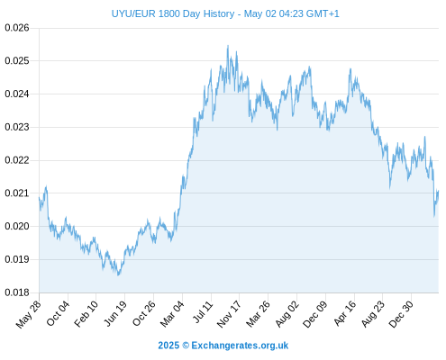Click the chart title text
pos(225,13)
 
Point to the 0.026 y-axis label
pos(17,28)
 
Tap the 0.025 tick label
pos(17,61)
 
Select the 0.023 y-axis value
pos(17,127)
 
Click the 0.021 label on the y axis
pos(17,193)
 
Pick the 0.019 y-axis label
pos(17,259)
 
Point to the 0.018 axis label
pos(17,292)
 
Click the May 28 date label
pos(29,314)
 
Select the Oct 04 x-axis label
pos(58,313)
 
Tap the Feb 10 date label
pos(86,314)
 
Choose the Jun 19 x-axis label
pos(115,313)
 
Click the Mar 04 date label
pos(172,314)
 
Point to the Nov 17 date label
pos(229,314)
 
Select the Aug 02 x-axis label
pos(287,314)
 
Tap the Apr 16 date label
pos(345,313)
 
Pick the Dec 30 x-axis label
pos(401,314)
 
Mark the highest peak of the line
pos(228,46)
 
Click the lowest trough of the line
pos(118,274)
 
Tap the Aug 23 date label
pos(373,314)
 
